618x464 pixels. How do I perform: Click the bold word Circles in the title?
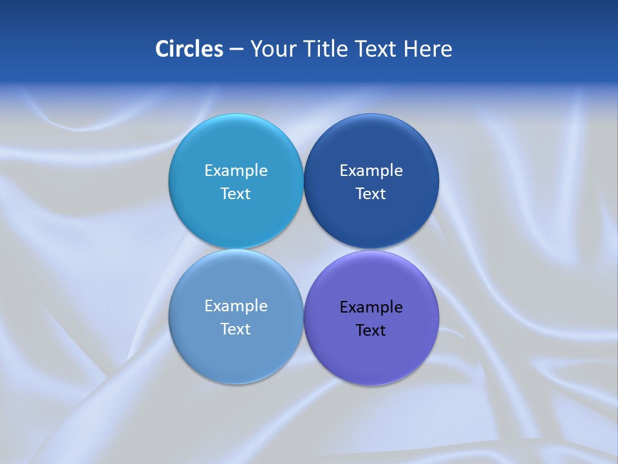coord(189,49)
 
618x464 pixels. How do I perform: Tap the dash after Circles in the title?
coord(236,50)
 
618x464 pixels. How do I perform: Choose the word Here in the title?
coord(428,49)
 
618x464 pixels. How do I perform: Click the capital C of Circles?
coord(162,49)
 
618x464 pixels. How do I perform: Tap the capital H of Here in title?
coord(411,49)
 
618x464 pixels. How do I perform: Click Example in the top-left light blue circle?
coord(236,171)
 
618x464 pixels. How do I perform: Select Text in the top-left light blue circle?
coord(236,194)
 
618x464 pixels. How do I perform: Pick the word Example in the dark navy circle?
coord(371,171)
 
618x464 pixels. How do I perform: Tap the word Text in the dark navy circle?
coord(371,194)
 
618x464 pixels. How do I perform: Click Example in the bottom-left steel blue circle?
coord(236,306)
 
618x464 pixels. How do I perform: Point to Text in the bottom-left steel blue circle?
coord(236,329)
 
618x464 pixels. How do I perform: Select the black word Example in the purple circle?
coord(371,307)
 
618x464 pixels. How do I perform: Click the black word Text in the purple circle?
coord(371,331)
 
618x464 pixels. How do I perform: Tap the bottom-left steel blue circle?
coord(236,354)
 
